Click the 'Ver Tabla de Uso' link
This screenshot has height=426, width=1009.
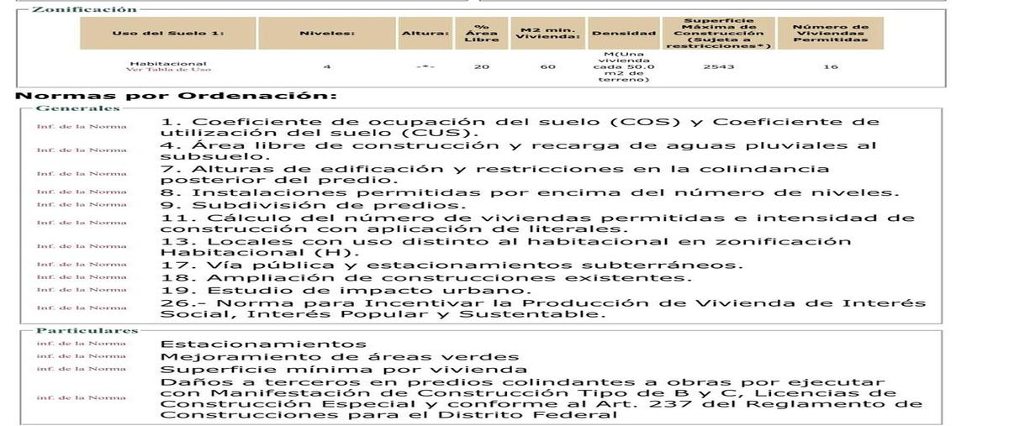tap(168, 70)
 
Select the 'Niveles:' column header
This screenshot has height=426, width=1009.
tap(327, 34)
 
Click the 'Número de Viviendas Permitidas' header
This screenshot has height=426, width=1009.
tap(830, 33)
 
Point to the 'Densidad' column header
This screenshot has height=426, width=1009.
tap(623, 34)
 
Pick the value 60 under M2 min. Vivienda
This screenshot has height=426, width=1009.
tap(548, 66)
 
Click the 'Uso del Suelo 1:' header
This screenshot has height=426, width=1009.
tap(168, 34)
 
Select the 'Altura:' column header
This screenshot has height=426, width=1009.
tap(425, 34)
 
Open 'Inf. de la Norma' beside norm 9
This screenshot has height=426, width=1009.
tap(81, 204)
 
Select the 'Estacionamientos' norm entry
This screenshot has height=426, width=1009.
tap(263, 344)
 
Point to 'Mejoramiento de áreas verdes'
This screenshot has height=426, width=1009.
tap(340, 356)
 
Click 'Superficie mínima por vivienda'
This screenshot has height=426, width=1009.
tap(344, 369)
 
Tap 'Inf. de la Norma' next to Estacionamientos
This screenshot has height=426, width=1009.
tap(81, 344)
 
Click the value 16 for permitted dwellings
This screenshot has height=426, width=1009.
tap(830, 66)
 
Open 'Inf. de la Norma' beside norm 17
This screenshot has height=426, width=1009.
tap(81, 265)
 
